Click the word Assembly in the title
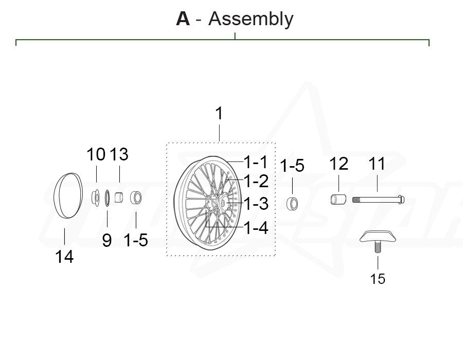pyautogui.click(x=251, y=20)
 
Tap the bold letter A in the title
pyautogui.click(x=183, y=20)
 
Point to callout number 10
pyautogui.click(x=96, y=154)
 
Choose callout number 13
pyautogui.click(x=119, y=154)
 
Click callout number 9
pyautogui.click(x=106, y=240)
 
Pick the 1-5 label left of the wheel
pyautogui.click(x=136, y=239)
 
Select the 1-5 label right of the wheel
pyautogui.click(x=292, y=166)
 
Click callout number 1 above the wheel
pyautogui.click(x=219, y=114)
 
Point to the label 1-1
pyautogui.click(x=256, y=163)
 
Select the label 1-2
pyautogui.click(x=256, y=181)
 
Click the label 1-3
pyautogui.click(x=256, y=204)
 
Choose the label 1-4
pyautogui.click(x=256, y=227)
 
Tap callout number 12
pyautogui.click(x=339, y=164)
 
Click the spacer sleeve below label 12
pyautogui.click(x=337, y=199)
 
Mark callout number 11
pyautogui.click(x=377, y=164)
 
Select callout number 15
pyautogui.click(x=378, y=279)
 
